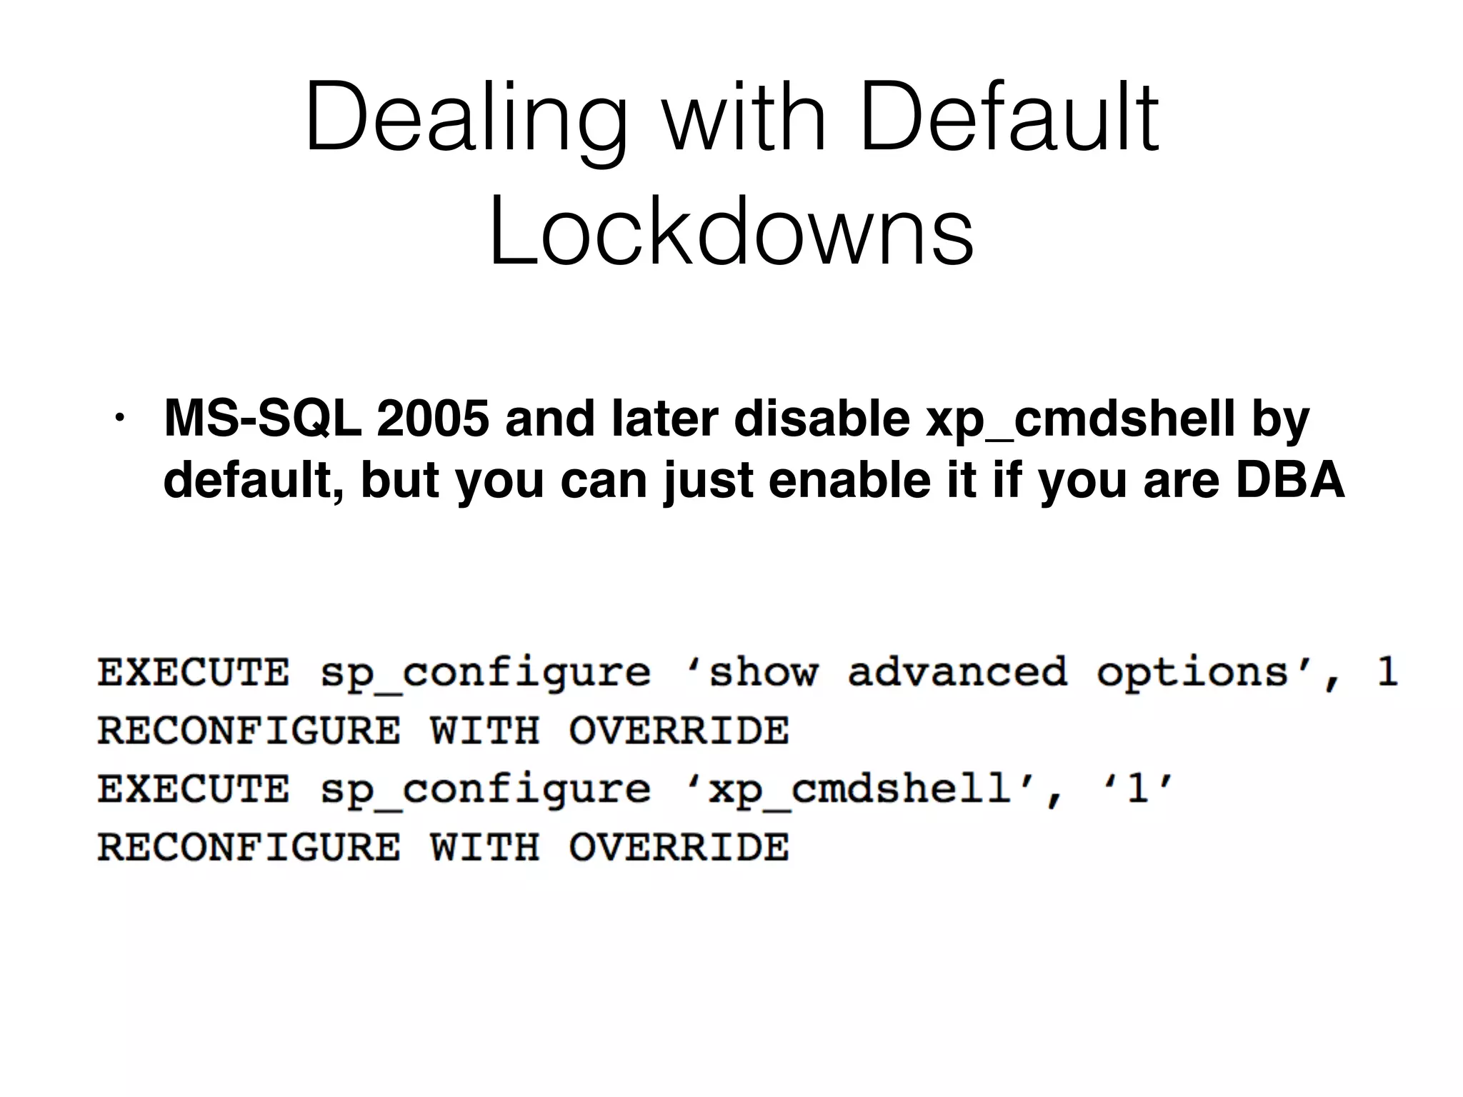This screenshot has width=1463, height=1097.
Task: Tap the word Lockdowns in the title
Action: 731,231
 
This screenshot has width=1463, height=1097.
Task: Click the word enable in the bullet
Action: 849,479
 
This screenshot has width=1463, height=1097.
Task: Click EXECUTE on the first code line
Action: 194,672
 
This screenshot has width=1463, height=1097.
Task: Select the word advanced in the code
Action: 957,672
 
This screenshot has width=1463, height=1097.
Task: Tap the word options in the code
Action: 1192,673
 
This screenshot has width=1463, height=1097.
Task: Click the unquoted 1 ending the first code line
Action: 1387,672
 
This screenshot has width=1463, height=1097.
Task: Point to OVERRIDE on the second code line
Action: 679,731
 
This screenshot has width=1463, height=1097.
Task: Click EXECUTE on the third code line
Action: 194,789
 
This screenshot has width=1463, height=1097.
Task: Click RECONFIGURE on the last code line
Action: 249,848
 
